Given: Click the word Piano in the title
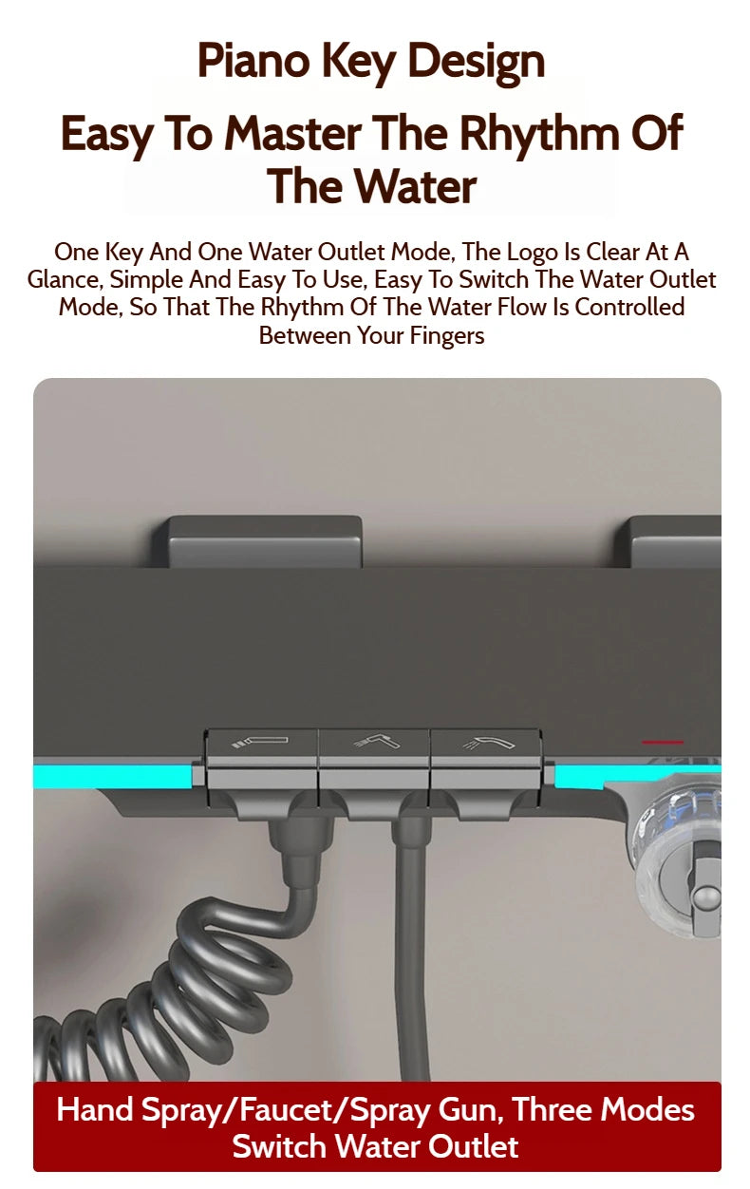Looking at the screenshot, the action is pos(253,61).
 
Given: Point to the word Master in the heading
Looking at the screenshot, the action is pos(292,133).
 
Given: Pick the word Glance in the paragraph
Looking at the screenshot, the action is pos(65,280).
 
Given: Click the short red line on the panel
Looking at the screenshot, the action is pos(663,742).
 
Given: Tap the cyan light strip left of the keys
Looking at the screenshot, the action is pos(112,777).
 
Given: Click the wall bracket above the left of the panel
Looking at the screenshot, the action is pos(257,541).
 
